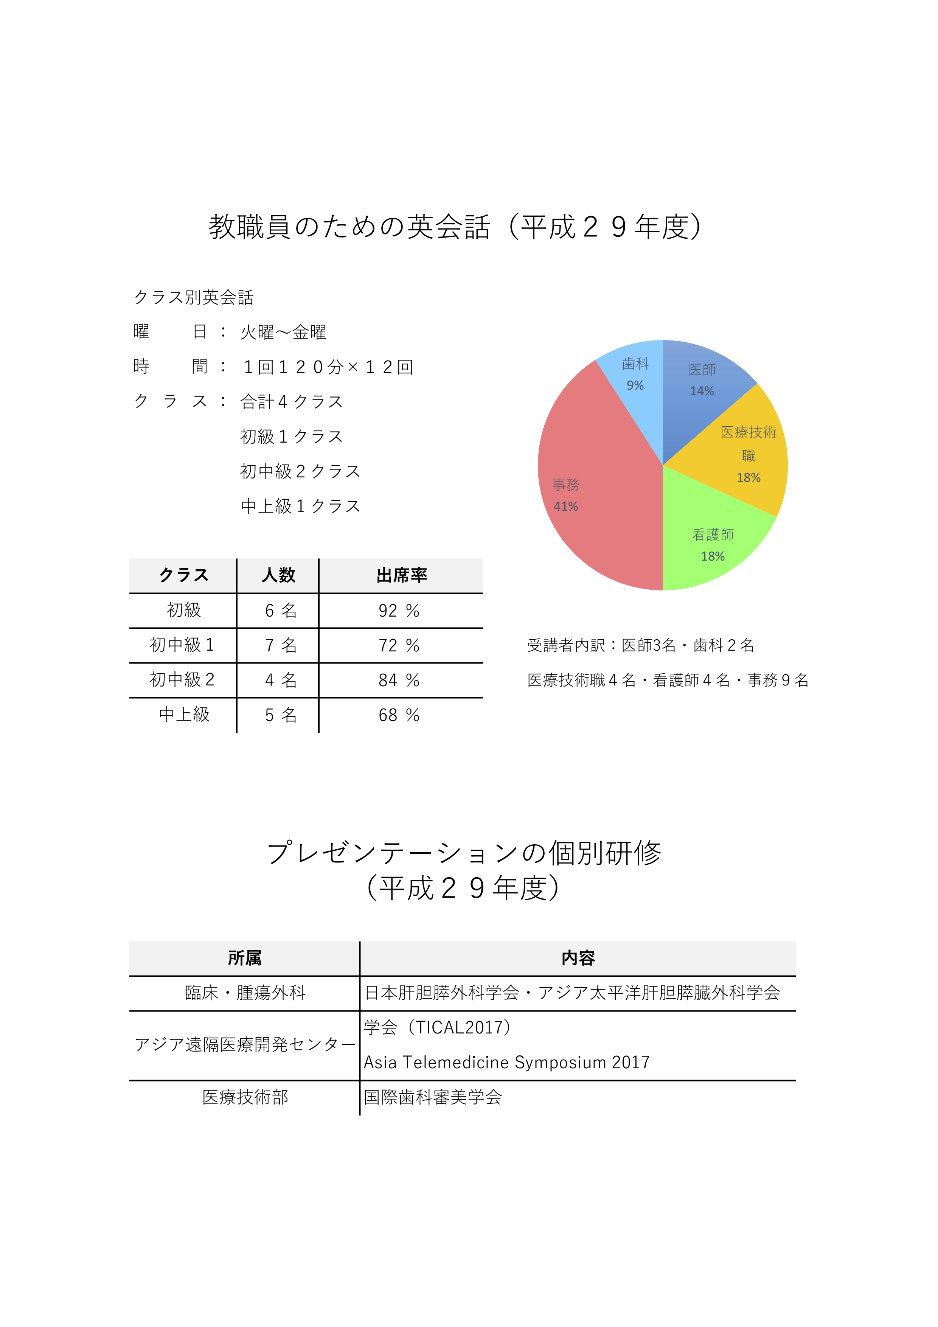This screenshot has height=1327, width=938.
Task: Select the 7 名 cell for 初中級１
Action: [x=280, y=646]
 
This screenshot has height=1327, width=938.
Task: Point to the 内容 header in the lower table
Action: [x=578, y=958]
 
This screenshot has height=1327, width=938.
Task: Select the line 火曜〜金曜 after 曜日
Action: [x=283, y=333]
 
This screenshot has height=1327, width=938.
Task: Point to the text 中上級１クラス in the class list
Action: [x=301, y=506]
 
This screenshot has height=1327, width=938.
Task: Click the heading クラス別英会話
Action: [x=194, y=298]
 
